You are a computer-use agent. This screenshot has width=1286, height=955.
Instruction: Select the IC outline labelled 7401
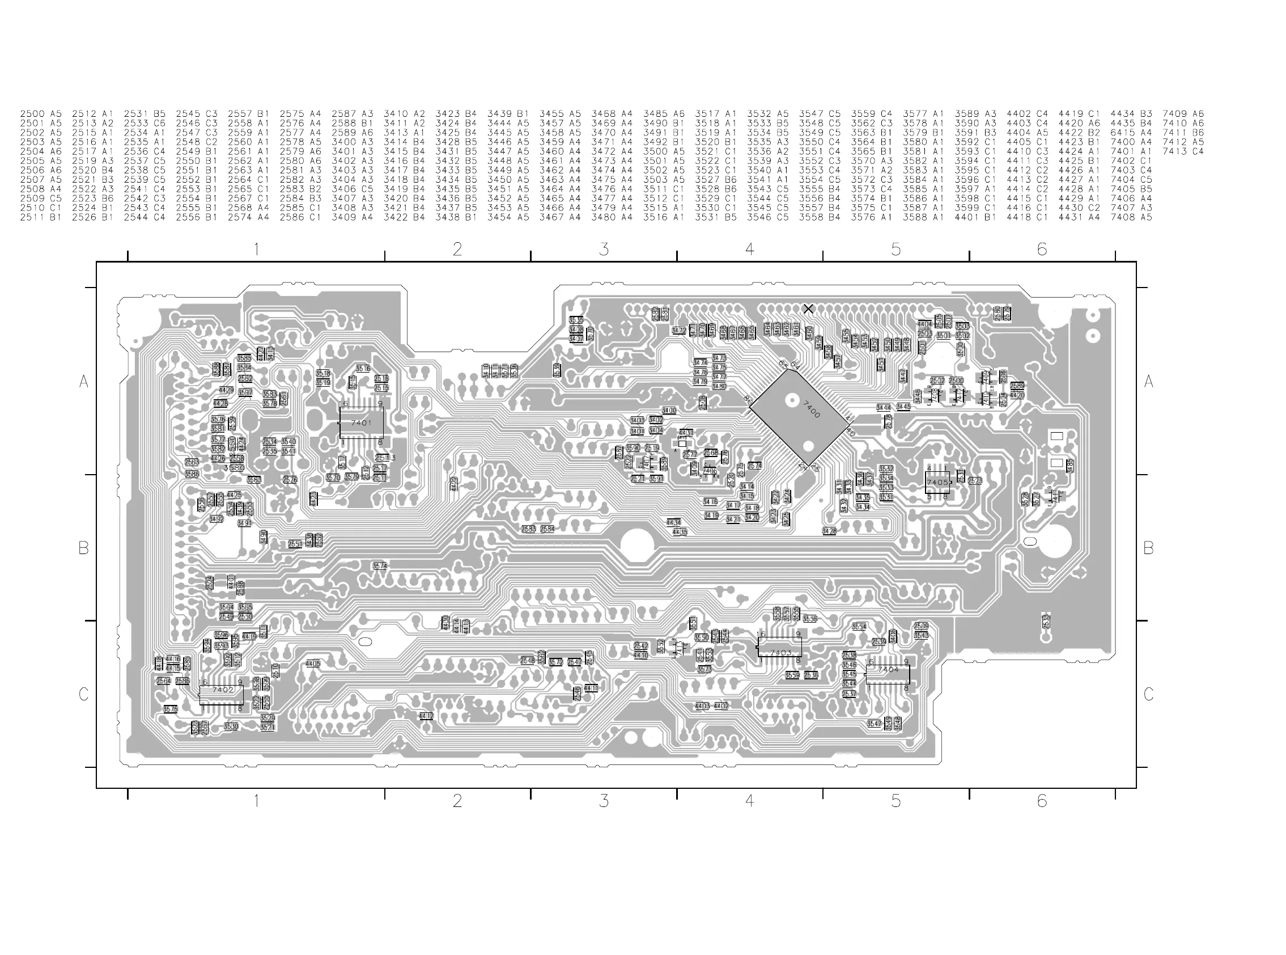(361, 422)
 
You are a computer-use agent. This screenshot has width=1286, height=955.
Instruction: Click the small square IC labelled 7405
(936, 482)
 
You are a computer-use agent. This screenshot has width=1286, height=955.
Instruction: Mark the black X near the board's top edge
(808, 309)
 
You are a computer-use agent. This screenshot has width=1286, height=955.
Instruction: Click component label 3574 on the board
(380, 566)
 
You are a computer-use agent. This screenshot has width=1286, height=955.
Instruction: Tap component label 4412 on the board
(426, 716)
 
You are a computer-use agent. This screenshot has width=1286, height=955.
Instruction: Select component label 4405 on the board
(312, 664)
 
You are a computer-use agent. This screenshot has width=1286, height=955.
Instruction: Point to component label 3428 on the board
(829, 531)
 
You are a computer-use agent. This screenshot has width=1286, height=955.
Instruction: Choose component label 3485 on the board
(1071, 465)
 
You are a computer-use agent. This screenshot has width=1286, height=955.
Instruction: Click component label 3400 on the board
(669, 411)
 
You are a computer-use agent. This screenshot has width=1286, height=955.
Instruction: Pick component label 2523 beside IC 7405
(975, 481)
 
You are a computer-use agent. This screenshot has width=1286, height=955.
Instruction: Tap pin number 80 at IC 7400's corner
(748, 399)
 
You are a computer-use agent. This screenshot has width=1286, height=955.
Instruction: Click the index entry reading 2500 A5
(40, 114)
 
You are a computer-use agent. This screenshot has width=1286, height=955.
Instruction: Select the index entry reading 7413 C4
(1183, 151)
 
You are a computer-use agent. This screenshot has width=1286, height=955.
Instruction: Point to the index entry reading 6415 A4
(1131, 132)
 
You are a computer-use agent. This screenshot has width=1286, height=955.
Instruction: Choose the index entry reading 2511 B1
(40, 217)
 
